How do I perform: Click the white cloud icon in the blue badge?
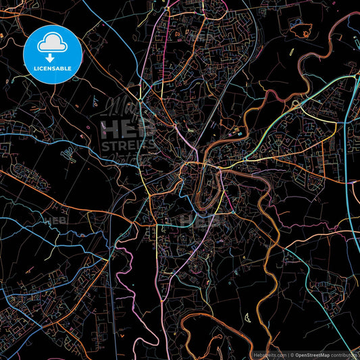pyautogui.click(x=53, y=44)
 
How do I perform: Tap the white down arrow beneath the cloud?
pyautogui.click(x=53, y=57)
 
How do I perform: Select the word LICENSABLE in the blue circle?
pyautogui.click(x=53, y=68)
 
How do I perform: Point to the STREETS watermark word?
pyautogui.click(x=127, y=143)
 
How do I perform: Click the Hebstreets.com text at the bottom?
pyautogui.click(x=268, y=355)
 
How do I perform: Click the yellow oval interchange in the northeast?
pyautogui.click(x=296, y=105)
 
